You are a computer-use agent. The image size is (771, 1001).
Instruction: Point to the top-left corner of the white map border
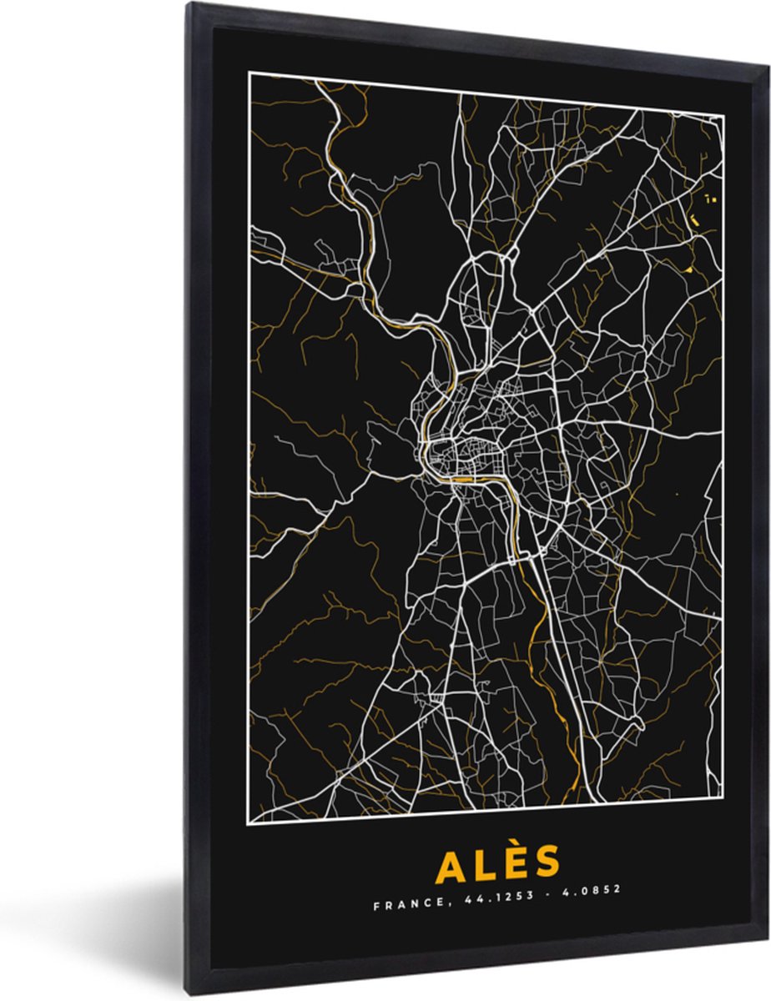coord(249,73)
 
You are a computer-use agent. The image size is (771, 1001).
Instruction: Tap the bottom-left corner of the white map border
coord(250,822)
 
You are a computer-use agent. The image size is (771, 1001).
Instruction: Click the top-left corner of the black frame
coord(188,3)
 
